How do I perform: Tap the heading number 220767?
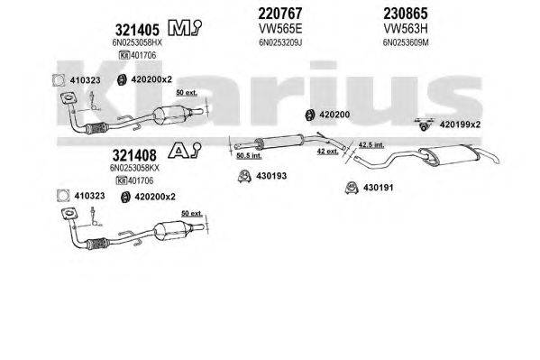pos(255,14)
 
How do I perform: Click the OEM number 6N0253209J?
pos(255,42)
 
